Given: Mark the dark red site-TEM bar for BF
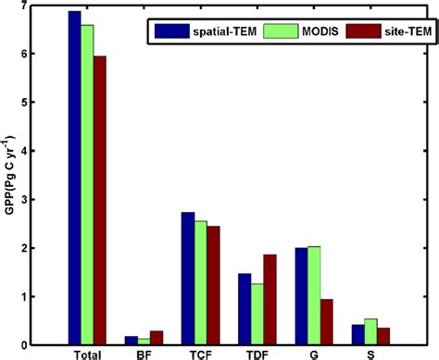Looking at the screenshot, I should [x=157, y=338].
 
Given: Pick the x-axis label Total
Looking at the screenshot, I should [x=87, y=354].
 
